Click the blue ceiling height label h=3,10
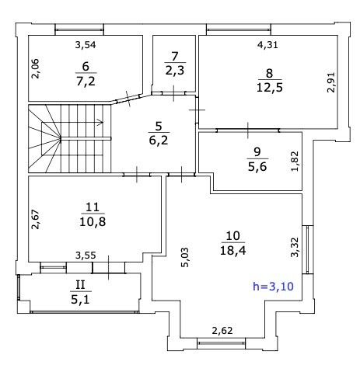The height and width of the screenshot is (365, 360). (x=273, y=287)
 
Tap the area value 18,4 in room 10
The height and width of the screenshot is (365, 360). (x=233, y=250)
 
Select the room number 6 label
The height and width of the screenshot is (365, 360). (x=86, y=67)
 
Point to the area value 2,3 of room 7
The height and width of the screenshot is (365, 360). (x=175, y=71)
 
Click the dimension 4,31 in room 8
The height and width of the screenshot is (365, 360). (x=267, y=45)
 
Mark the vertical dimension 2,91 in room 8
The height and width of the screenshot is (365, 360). (x=331, y=82)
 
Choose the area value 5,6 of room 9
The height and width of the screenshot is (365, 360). (x=257, y=167)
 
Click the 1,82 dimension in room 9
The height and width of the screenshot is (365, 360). (x=295, y=161)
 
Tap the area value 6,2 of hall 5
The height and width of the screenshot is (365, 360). (x=159, y=141)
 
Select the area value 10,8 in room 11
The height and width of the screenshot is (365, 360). (x=93, y=222)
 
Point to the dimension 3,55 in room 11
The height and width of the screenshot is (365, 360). (x=86, y=255)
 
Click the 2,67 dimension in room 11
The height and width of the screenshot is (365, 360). (x=35, y=219)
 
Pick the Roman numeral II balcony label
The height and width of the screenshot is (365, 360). (x=80, y=285)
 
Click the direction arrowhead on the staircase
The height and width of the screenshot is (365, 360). (x=100, y=122)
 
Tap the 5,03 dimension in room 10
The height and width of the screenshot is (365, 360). (x=185, y=257)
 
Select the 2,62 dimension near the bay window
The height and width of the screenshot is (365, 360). (x=222, y=331)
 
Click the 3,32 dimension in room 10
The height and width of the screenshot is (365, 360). (x=295, y=247)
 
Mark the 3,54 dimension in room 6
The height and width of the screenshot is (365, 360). (x=86, y=45)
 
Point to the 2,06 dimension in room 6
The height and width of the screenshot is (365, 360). (x=35, y=68)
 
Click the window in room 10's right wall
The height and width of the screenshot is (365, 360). (x=308, y=250)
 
